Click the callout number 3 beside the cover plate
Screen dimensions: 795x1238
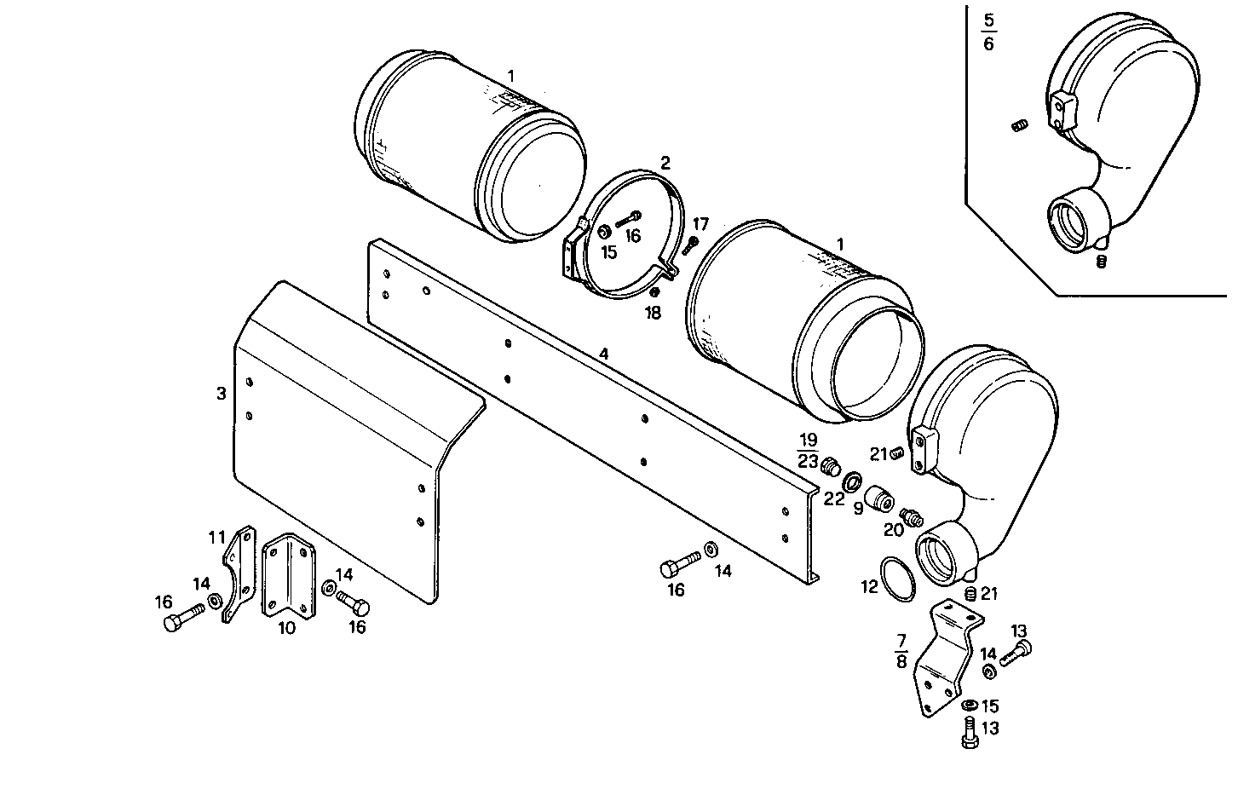[222, 393]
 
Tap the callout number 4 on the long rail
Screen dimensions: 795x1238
[603, 353]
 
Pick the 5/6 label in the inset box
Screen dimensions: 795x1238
[988, 32]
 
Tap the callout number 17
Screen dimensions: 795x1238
[700, 224]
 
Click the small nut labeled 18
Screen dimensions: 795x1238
[654, 293]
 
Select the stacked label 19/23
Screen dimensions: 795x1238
[808, 451]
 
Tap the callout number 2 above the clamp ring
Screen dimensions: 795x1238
[665, 162]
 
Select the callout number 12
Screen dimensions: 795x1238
[869, 587]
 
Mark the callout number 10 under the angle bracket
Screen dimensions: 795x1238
[286, 628]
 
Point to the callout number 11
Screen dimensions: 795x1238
[217, 537]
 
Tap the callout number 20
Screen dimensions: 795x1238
[893, 530]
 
